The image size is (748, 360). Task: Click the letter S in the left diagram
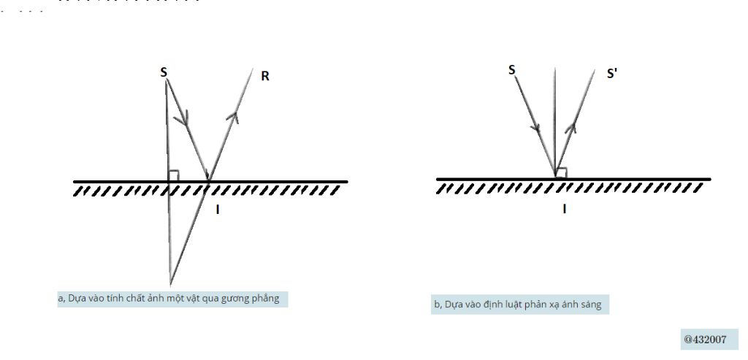(164, 72)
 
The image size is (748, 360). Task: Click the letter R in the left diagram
(265, 76)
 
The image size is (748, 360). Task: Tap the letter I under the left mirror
(218, 210)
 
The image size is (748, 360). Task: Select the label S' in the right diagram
(612, 74)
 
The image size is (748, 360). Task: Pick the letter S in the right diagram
(512, 70)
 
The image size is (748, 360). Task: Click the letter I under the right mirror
(565, 209)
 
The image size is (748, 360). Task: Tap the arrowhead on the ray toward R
(233, 116)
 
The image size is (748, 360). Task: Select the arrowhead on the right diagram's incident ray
(536, 126)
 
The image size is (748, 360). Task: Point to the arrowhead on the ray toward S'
(571, 127)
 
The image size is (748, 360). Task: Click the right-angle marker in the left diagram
(174, 176)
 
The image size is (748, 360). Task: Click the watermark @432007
(705, 340)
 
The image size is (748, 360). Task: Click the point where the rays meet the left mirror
(208, 180)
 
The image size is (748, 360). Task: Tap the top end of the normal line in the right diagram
(555, 69)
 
